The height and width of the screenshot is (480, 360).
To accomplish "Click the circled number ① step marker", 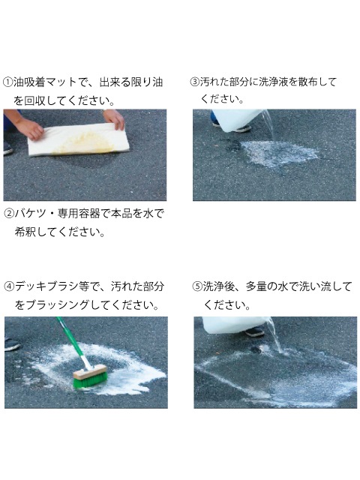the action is [7, 82].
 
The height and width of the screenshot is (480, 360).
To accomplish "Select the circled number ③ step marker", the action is [195, 82].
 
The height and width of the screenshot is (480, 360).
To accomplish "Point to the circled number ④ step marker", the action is [9, 286].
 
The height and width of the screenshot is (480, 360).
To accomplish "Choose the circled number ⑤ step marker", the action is [197, 286].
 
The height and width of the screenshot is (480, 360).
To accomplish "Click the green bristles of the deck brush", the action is [91, 379].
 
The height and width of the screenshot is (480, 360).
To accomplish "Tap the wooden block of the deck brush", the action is [90, 372].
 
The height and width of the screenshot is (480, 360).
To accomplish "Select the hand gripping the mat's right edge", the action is [115, 118].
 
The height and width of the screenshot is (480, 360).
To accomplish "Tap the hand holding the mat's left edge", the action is [30, 128].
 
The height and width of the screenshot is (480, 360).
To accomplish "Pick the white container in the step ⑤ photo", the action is [234, 325].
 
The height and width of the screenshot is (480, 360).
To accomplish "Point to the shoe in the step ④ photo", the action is [12, 345].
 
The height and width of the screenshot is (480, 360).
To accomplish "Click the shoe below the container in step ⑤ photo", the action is [254, 331].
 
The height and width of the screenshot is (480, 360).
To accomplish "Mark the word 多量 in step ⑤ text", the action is [256, 286].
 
